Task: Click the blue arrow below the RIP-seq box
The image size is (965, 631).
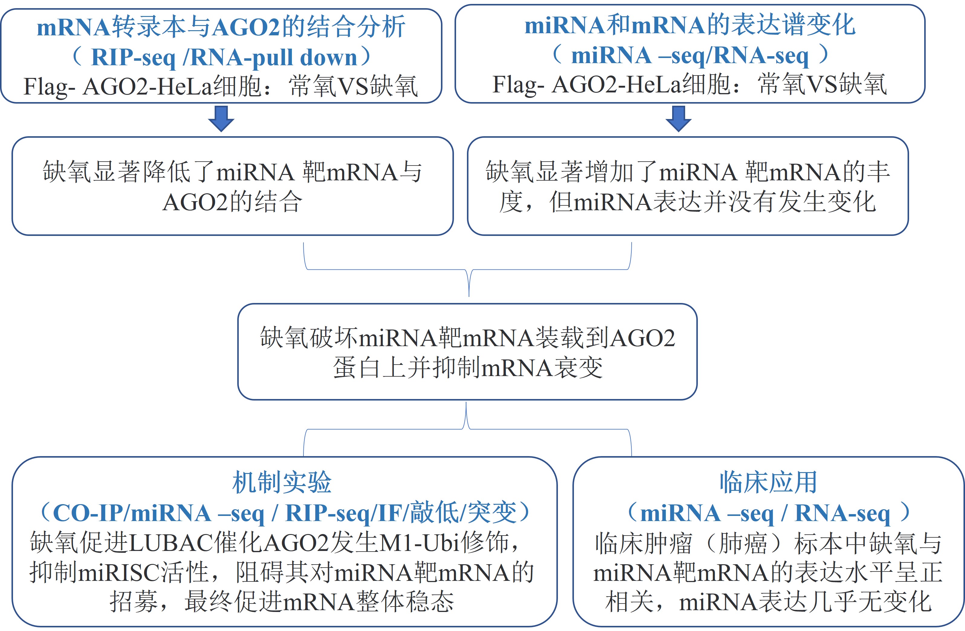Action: tap(221, 119)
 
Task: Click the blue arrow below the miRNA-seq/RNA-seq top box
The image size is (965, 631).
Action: tap(678, 119)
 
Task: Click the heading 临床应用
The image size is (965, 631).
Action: tap(768, 482)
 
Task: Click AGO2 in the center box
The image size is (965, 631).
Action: tap(642, 338)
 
